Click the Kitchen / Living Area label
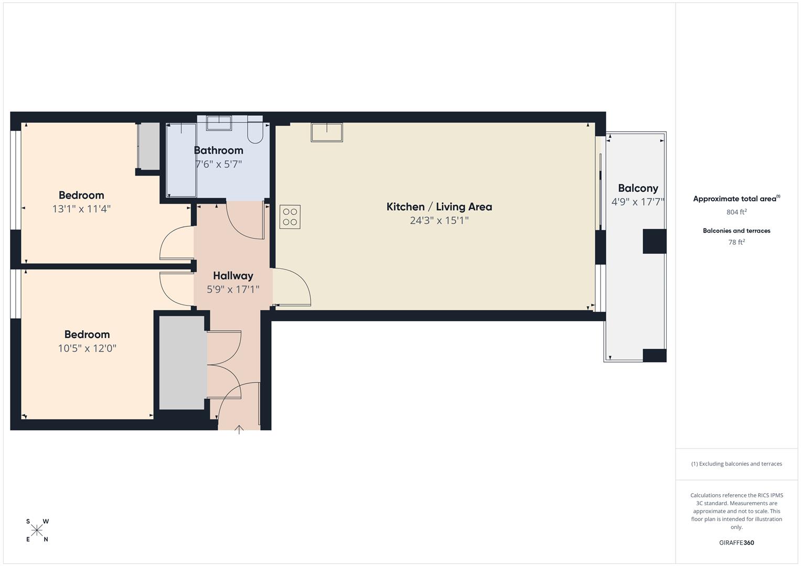point(439,207)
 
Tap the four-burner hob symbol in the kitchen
point(290,217)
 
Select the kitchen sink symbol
point(326,132)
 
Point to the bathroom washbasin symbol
point(219,124)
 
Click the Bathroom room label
point(219,150)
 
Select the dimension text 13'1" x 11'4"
point(81,209)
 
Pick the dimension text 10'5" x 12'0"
point(87,349)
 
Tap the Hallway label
point(233,276)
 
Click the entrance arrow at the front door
point(239,430)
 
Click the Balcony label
point(638,188)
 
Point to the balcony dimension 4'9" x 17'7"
point(638,202)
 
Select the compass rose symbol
point(37,530)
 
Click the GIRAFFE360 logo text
point(736,542)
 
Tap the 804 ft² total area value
point(736,212)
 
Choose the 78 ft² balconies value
point(736,242)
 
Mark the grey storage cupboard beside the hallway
point(182,363)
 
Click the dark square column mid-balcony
point(654,241)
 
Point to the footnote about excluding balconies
point(736,464)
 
